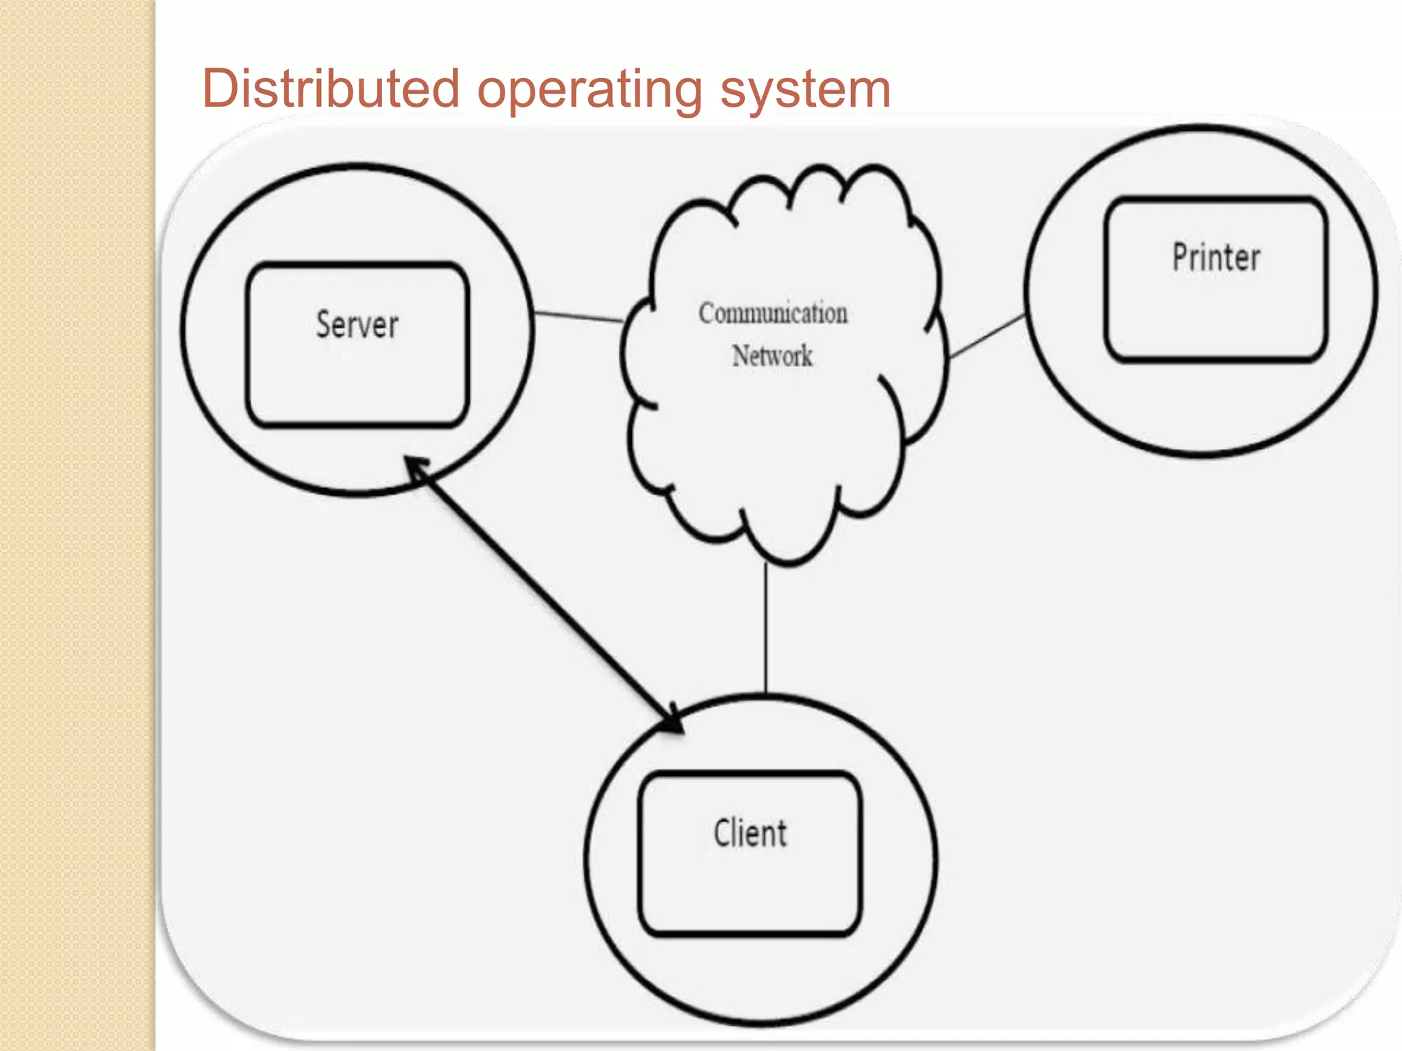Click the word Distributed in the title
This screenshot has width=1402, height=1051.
[331, 89]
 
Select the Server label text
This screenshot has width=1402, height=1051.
[357, 324]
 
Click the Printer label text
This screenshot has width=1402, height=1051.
[1216, 258]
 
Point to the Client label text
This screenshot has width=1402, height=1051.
[750, 833]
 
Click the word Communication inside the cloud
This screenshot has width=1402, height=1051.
[773, 313]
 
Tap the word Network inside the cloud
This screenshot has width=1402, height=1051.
[772, 356]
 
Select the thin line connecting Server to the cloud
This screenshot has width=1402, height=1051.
[578, 317]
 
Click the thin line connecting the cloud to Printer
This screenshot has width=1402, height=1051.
[988, 336]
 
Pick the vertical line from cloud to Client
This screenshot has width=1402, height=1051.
[766, 630]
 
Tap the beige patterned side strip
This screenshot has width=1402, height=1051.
[77, 525]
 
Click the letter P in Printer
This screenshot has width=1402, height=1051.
[1181, 258]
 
